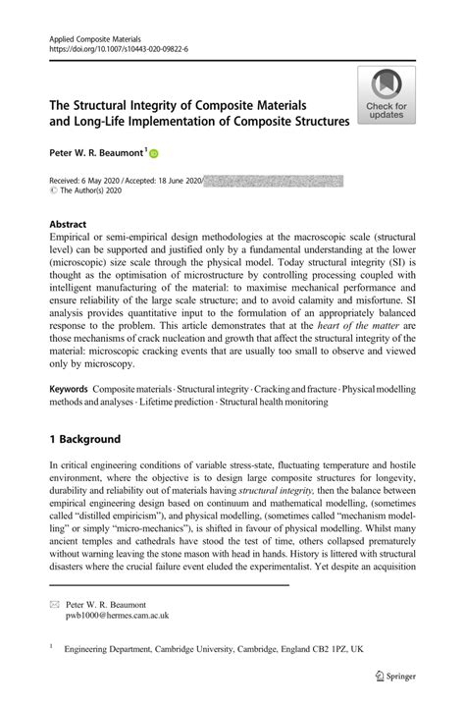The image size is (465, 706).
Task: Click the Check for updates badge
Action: tap(387, 96)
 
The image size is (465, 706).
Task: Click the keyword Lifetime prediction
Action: tap(186, 403)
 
